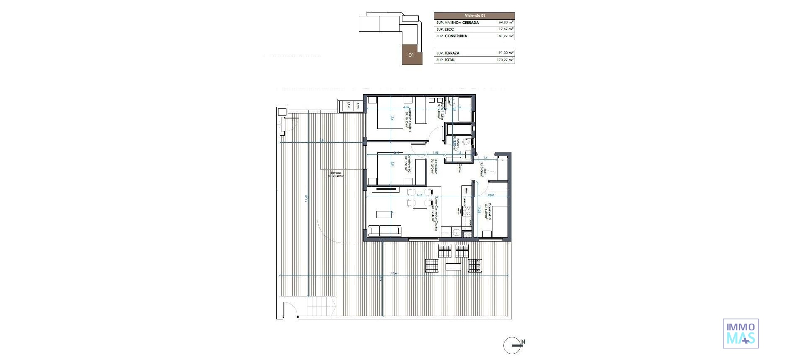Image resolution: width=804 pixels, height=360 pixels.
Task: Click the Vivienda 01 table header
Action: click(x=474, y=15)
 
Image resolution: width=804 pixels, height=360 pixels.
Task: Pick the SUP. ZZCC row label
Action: click(x=446, y=29)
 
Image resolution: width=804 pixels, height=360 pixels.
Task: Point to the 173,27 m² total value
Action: click(x=505, y=60)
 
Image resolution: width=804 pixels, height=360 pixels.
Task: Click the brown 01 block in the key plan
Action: click(x=412, y=55)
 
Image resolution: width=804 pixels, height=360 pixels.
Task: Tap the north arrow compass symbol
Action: click(x=513, y=345)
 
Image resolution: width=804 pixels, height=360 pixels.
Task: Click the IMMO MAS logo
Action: click(x=740, y=333)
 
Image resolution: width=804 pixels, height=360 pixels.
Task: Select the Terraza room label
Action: click(x=335, y=174)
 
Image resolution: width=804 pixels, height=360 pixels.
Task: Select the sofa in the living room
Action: click(x=384, y=231)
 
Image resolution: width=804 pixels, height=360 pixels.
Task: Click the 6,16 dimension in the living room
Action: click(x=419, y=195)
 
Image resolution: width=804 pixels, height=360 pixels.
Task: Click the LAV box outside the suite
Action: click(x=348, y=106)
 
